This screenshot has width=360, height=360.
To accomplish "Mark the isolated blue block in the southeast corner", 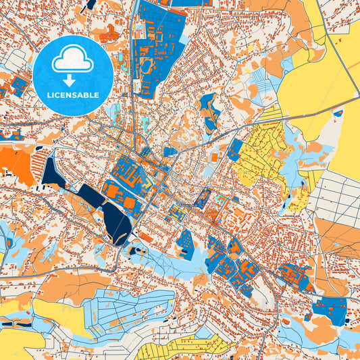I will pos(330,307).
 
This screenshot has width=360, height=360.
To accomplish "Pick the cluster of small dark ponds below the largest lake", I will pos(135,251).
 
